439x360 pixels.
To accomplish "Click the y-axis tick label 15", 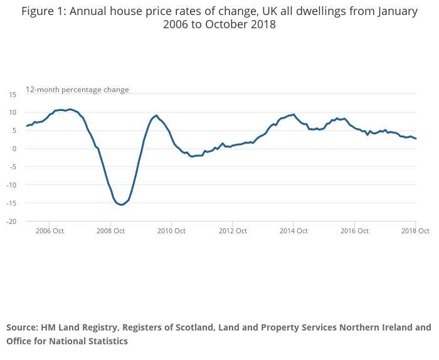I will point(12,94).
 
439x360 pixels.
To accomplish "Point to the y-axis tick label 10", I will point(12,112).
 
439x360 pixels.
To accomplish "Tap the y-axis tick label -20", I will point(11,221).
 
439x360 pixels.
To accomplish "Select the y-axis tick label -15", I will point(11,203).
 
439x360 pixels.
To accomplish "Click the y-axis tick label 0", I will point(14,149).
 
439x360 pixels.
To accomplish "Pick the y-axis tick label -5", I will point(13,167).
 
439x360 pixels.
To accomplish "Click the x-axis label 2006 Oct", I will point(49,231).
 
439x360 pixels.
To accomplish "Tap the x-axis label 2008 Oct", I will point(110,231).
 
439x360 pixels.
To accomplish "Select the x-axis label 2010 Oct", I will point(171,231).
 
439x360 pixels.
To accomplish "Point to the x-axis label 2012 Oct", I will point(232,231).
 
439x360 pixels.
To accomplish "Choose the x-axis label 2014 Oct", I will point(293,231).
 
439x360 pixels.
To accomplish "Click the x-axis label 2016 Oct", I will point(354,231).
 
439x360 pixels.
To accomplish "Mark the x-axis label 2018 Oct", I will point(415,231).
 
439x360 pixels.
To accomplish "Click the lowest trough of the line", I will point(121,204).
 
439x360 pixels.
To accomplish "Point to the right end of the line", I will point(416,139).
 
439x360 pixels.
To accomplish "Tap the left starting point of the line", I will point(26,126).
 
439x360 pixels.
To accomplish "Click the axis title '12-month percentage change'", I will point(77,90).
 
